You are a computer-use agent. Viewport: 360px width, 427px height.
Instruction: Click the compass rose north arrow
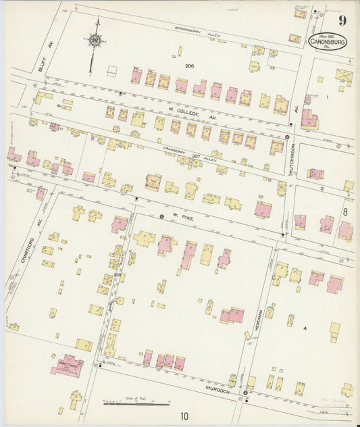94,41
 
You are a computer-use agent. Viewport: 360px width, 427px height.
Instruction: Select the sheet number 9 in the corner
342,20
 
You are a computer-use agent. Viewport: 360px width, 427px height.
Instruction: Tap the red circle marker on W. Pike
161,216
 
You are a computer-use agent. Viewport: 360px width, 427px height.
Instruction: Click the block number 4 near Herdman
305,328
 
